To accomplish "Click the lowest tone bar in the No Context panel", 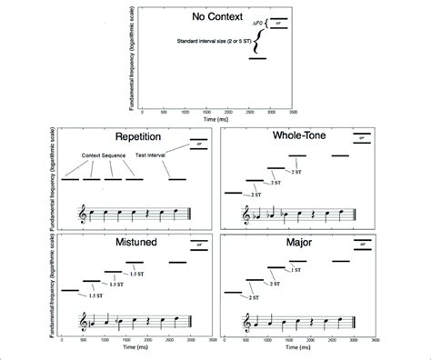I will pyautogui.click(x=257, y=59).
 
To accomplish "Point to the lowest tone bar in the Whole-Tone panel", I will pyautogui.click(x=233, y=192).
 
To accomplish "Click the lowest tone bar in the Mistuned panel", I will pyautogui.click(x=69, y=290).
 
